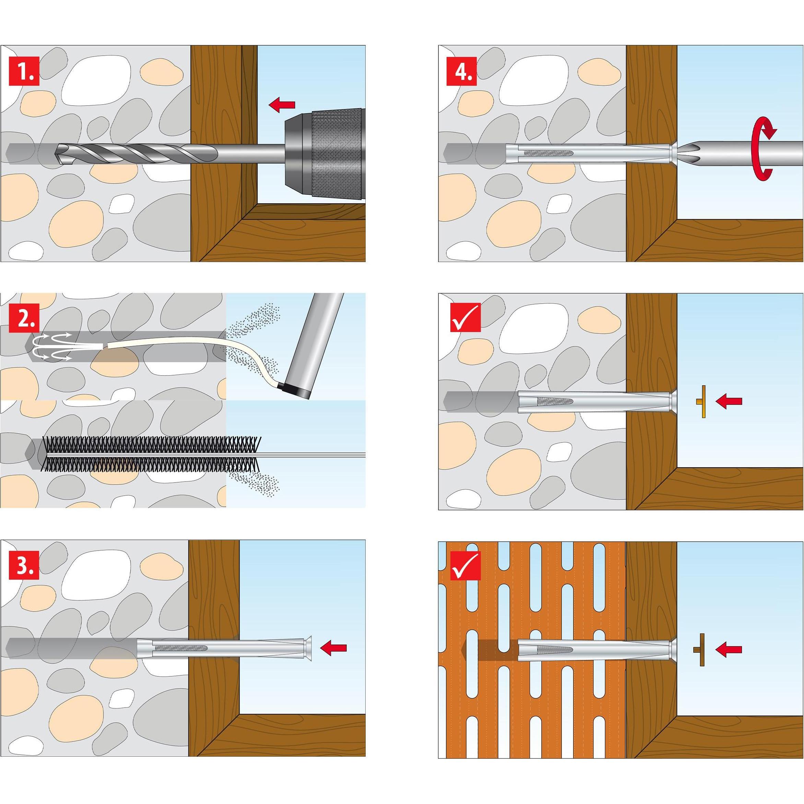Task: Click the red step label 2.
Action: [x=24, y=318]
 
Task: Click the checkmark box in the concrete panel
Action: [x=465, y=317]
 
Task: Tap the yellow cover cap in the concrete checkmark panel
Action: [x=702, y=402]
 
